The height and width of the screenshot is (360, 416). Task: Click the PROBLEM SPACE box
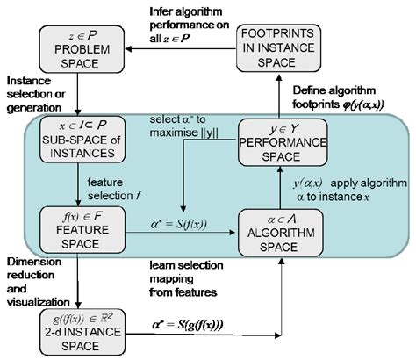77,46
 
